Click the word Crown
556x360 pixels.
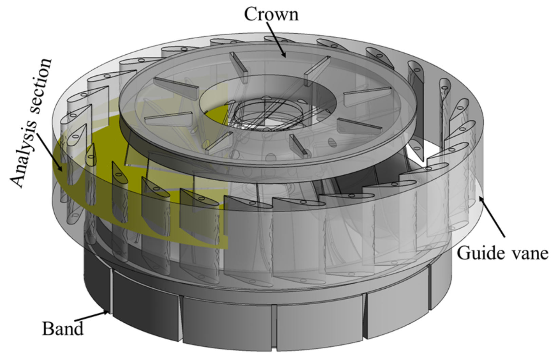(271, 14)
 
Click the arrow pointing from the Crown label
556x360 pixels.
(277, 40)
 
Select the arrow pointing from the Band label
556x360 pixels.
(92, 317)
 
